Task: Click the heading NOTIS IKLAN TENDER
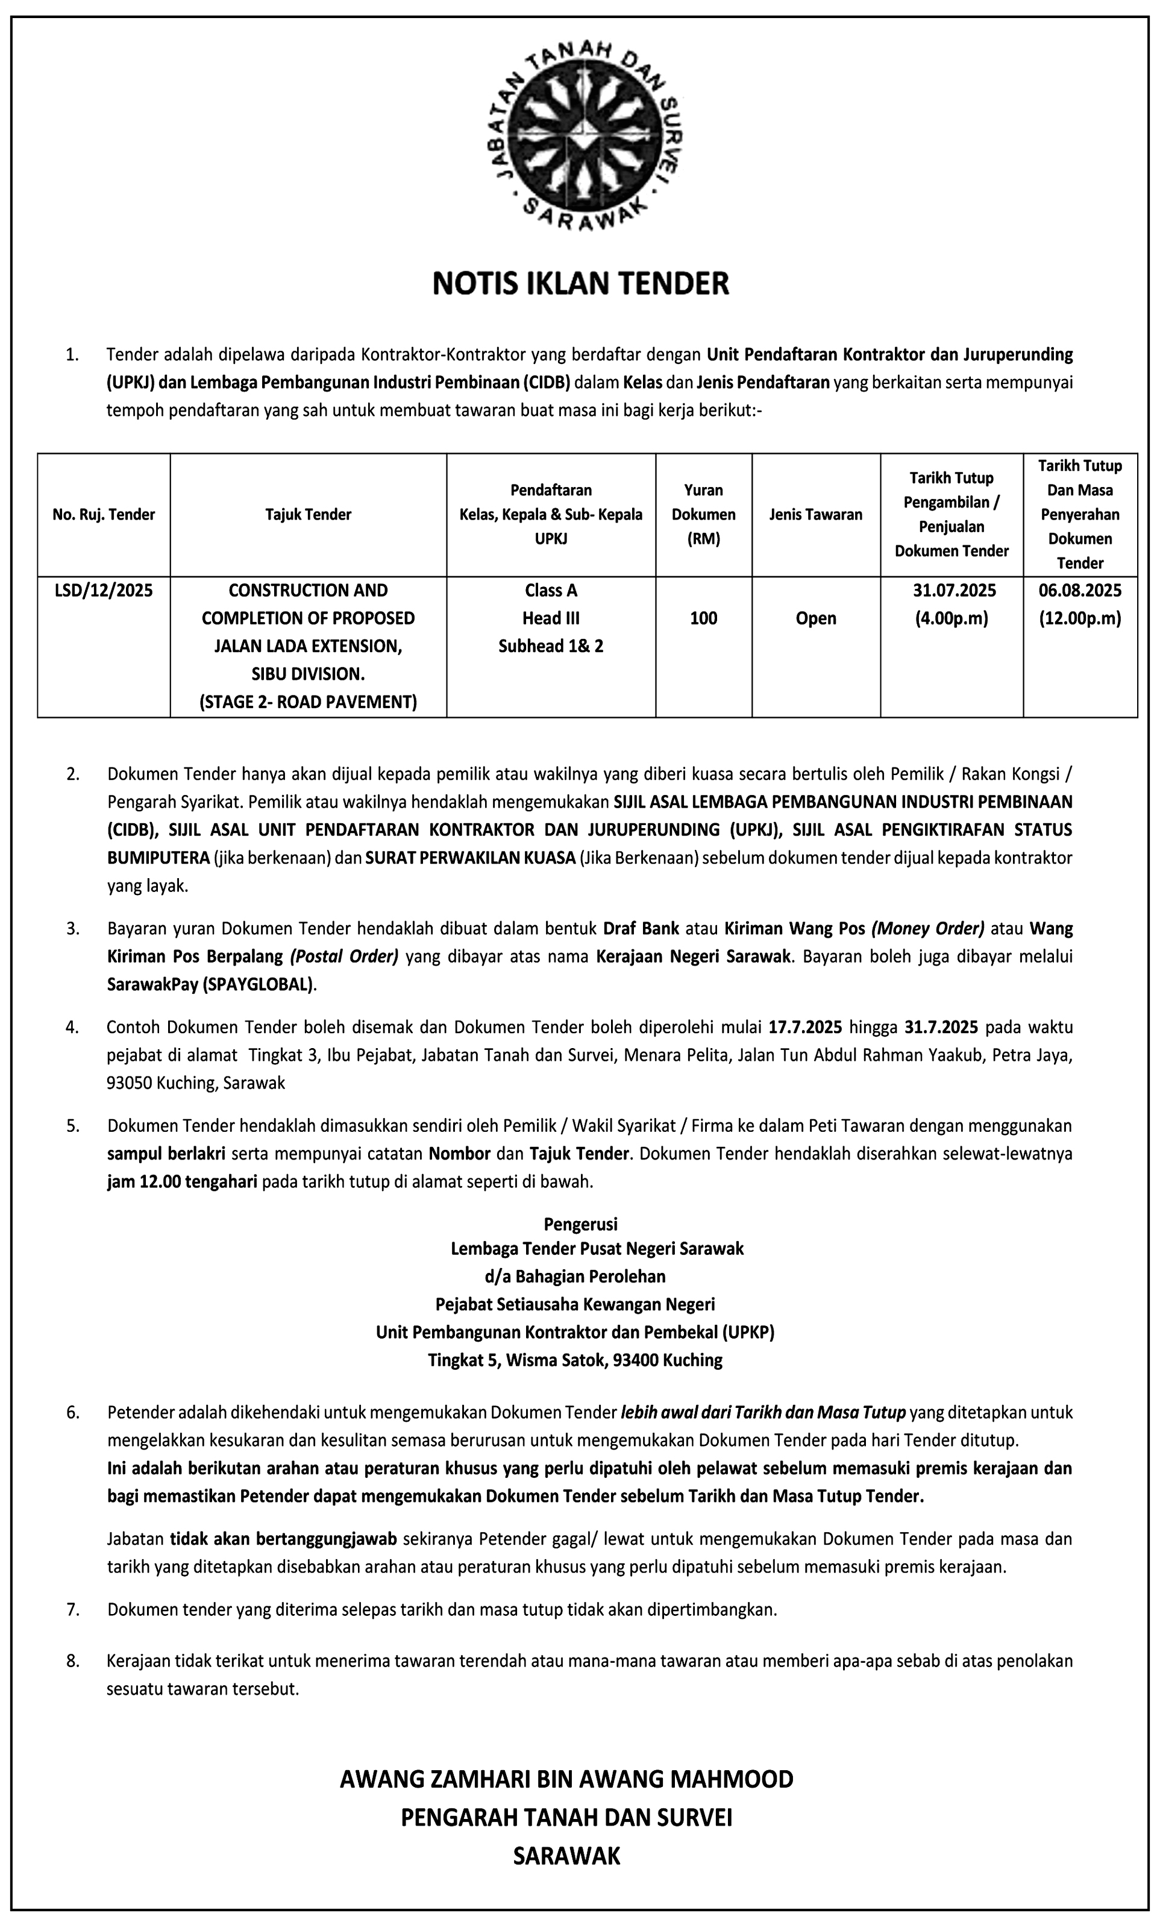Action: point(580,283)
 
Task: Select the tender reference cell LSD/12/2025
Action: point(104,591)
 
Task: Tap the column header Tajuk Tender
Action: point(308,514)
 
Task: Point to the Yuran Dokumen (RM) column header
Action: point(704,514)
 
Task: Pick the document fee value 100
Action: point(704,618)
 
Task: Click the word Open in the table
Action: point(816,618)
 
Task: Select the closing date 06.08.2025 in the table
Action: point(1080,591)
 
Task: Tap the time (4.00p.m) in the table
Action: point(951,618)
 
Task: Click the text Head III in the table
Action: point(551,618)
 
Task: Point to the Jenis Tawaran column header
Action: point(816,514)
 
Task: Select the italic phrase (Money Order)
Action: point(927,928)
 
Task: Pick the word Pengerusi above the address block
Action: point(580,1224)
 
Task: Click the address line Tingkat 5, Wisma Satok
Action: point(575,1360)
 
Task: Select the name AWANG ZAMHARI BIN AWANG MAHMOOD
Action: point(566,1779)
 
